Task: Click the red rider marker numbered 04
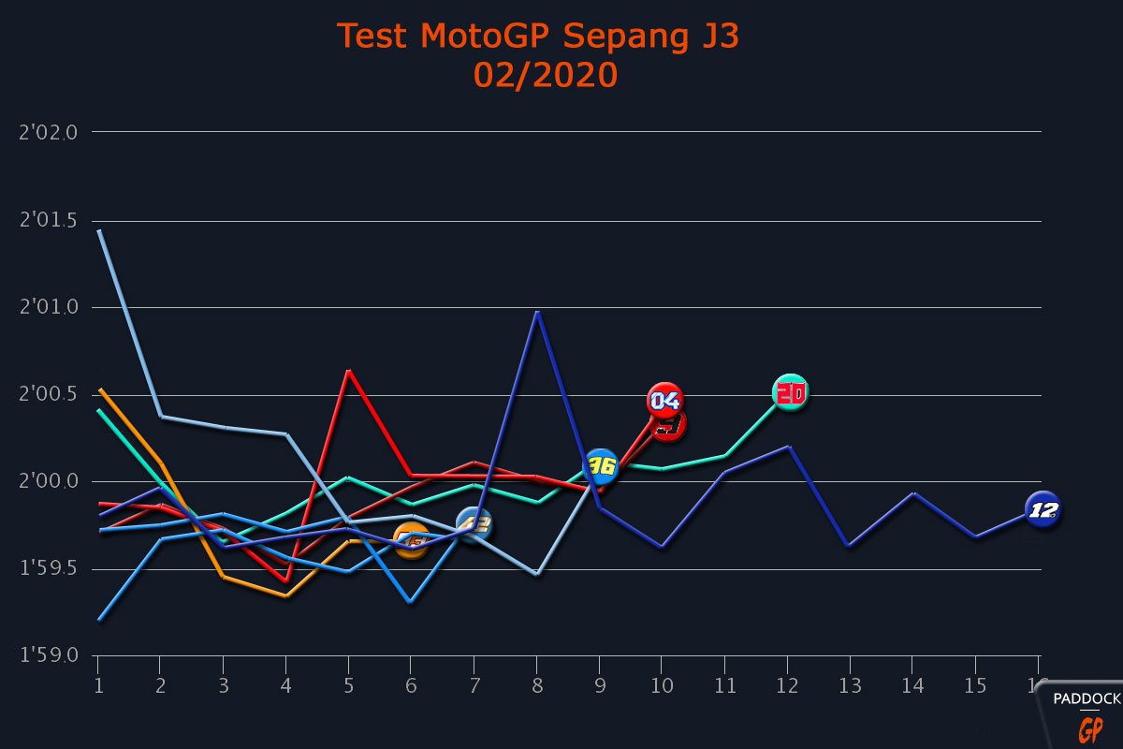(664, 401)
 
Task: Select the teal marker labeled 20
(791, 393)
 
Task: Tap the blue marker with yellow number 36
(601, 466)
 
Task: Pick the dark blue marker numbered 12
(1043, 510)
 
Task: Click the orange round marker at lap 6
(412, 540)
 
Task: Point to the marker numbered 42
(474, 524)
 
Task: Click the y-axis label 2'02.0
(48, 132)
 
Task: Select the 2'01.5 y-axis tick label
(48, 221)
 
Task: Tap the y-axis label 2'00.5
(48, 395)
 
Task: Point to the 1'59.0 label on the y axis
(48, 655)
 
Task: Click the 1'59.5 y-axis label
(48, 569)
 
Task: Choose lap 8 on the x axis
(537, 685)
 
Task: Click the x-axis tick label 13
(850, 685)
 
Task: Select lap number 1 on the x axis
(98, 685)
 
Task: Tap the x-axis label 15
(975, 685)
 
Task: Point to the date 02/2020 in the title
(546, 75)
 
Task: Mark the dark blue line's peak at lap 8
(537, 312)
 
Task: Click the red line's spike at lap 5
(349, 371)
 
